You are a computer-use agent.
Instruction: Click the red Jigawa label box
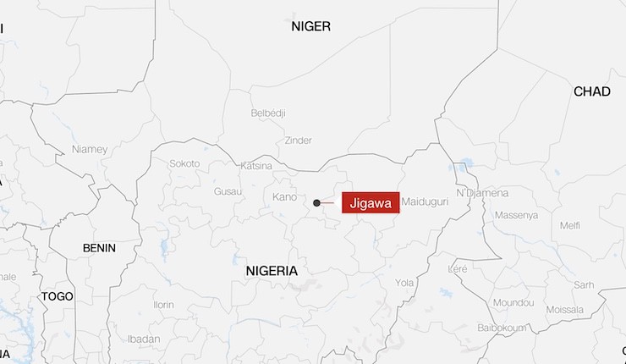tap(370, 203)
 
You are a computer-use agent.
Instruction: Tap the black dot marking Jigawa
tap(316, 203)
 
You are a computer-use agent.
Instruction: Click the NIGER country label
tap(310, 26)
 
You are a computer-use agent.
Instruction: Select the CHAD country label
tap(591, 91)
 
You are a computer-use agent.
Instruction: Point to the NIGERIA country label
tap(272, 271)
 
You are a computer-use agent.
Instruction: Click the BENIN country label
tap(99, 248)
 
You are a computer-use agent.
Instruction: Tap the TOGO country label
tap(58, 296)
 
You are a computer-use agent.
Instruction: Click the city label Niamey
tap(90, 149)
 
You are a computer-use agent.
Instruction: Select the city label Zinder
tap(299, 141)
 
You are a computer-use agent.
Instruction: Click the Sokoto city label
tap(184, 163)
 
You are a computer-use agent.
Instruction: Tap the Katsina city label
tap(257, 165)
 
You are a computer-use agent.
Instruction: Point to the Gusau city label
tap(228, 192)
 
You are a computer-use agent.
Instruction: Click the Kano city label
tap(284, 197)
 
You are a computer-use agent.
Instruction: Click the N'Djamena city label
tap(482, 193)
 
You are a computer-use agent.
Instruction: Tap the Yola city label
tap(404, 283)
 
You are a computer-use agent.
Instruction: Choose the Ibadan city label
tap(143, 339)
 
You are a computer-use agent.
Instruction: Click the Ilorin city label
tap(163, 305)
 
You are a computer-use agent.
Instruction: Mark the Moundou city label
tap(513, 302)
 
